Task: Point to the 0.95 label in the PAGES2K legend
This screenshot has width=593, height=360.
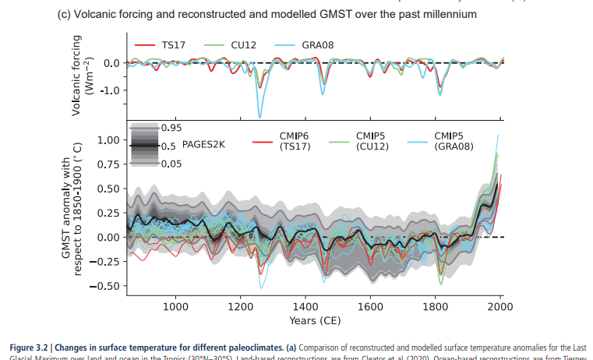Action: click(171, 127)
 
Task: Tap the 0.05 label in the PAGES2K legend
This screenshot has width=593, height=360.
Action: click(171, 163)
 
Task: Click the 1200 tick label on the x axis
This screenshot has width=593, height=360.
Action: click(241, 305)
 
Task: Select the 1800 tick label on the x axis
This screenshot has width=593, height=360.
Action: click(435, 305)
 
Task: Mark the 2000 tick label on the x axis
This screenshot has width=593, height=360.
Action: click(499, 305)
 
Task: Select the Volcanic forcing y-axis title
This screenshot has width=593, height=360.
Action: click(82, 76)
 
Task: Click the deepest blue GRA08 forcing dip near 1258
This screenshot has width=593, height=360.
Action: click(259, 117)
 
